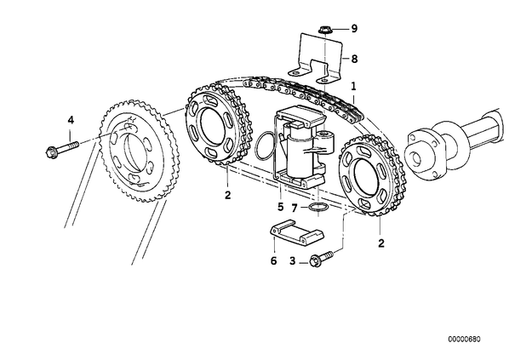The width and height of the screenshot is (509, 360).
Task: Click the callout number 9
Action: click(x=354, y=29)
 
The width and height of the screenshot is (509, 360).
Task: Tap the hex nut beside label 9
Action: click(x=323, y=30)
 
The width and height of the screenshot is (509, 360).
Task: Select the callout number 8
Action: click(x=354, y=59)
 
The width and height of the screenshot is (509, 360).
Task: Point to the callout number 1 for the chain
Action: click(x=353, y=86)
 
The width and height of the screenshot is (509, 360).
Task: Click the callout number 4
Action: click(x=71, y=120)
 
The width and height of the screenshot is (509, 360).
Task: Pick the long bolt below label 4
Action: click(x=63, y=147)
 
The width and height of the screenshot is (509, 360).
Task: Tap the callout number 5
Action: click(x=281, y=207)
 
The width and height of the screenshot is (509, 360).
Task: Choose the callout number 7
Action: click(x=295, y=208)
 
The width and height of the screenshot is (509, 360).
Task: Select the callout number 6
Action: click(x=274, y=260)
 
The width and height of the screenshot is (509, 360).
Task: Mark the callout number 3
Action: click(x=293, y=260)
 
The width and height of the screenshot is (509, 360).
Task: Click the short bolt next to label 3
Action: click(x=322, y=259)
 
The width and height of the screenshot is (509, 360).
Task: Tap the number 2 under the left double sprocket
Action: click(x=227, y=195)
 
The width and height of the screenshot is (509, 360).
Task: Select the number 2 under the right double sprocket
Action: click(x=381, y=243)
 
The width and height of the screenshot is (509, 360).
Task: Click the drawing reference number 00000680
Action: click(x=464, y=340)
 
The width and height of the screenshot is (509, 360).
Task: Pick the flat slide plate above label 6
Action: click(x=297, y=232)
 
